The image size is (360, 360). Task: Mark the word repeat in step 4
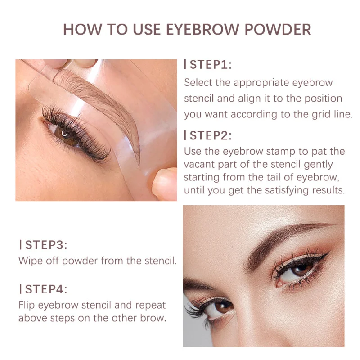pyautogui.click(x=150, y=305)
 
